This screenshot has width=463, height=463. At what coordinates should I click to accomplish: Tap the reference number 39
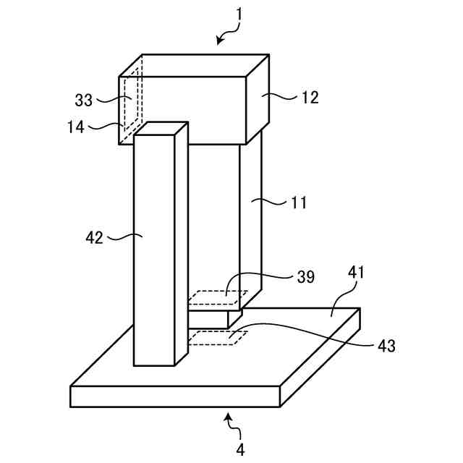(x=305, y=277)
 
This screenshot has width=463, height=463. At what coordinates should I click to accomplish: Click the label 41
(x=357, y=273)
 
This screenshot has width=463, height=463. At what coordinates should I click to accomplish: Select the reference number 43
(x=386, y=346)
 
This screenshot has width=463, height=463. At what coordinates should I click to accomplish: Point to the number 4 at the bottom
(x=240, y=449)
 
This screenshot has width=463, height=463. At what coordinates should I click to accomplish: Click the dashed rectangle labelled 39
(x=217, y=297)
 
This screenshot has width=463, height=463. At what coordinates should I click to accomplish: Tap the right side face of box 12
(x=258, y=101)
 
